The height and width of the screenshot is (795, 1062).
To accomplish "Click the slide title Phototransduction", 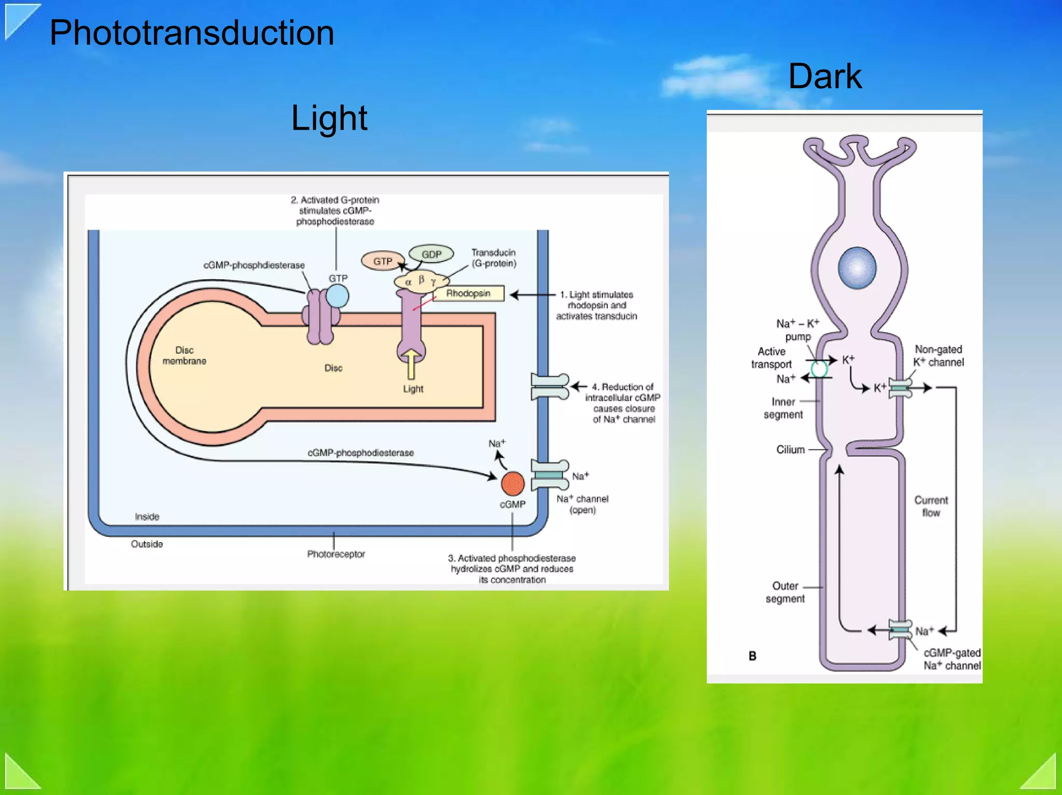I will (x=191, y=33).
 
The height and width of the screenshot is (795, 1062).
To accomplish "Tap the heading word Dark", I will (x=825, y=77).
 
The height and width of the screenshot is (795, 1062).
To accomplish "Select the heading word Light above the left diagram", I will (x=329, y=118).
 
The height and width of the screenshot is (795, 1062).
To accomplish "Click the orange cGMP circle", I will (x=512, y=483).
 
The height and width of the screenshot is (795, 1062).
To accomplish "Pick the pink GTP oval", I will (x=383, y=261).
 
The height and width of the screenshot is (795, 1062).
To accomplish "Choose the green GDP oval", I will (x=431, y=254).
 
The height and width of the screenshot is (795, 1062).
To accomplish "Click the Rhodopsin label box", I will (x=468, y=293).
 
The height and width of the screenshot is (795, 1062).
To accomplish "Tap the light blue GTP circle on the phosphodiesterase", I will (x=337, y=296).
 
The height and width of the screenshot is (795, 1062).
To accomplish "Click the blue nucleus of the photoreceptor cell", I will (x=857, y=267).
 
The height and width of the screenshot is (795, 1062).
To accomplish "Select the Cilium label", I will (x=790, y=449).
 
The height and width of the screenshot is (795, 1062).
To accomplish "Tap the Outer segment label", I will (x=785, y=592).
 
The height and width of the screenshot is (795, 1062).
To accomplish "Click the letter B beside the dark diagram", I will (x=752, y=656).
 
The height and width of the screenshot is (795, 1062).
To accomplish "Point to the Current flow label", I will (x=931, y=506).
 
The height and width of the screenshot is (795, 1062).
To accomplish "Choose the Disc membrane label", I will (x=184, y=356).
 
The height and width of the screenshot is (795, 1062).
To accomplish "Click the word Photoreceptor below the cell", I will (x=336, y=554).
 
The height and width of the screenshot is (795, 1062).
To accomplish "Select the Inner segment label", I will (x=783, y=408).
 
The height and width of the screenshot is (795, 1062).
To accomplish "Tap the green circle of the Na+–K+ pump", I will (x=819, y=369).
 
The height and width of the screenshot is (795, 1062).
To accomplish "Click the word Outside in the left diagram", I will (x=147, y=544).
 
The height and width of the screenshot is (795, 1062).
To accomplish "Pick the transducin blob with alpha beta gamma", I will (x=421, y=281).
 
